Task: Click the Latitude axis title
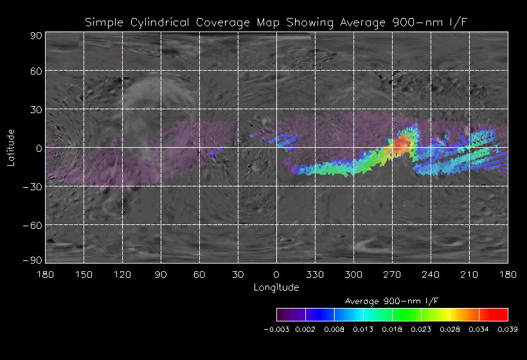tap(11, 147)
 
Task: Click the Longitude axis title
tap(276, 287)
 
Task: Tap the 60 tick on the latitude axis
tap(36, 71)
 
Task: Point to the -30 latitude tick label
tap(33, 186)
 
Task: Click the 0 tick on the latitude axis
tap(39, 148)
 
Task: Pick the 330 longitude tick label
tap(315, 274)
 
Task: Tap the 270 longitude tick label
tap(392, 274)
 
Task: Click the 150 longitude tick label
tap(84, 274)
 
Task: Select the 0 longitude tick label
tap(276, 274)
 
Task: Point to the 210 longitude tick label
tap(469, 274)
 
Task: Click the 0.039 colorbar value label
tap(508, 329)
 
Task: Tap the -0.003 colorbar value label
tap(277, 329)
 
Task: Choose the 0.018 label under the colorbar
tap(392, 329)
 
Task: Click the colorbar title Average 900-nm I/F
tap(392, 301)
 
